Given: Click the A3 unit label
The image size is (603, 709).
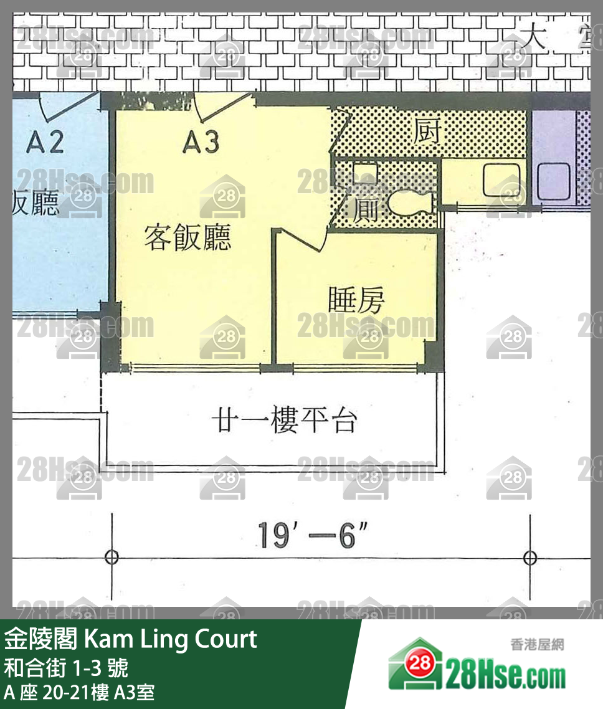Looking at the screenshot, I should point(201,143).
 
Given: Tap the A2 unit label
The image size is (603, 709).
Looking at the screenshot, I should point(45,143).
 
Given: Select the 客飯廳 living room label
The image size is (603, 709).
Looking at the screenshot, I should point(188,237).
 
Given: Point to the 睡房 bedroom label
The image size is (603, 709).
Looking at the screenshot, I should point(357,302).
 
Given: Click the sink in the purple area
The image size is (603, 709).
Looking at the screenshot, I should point(554,181).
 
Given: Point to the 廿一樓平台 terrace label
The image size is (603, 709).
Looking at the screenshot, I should point(283,421).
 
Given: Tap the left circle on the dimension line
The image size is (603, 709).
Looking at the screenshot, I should point(112,557).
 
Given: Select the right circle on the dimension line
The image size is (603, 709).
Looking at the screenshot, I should point(530,557).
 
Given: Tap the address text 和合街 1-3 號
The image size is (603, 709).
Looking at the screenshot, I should point(67,668).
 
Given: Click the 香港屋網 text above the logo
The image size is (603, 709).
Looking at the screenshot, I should point(536,644).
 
